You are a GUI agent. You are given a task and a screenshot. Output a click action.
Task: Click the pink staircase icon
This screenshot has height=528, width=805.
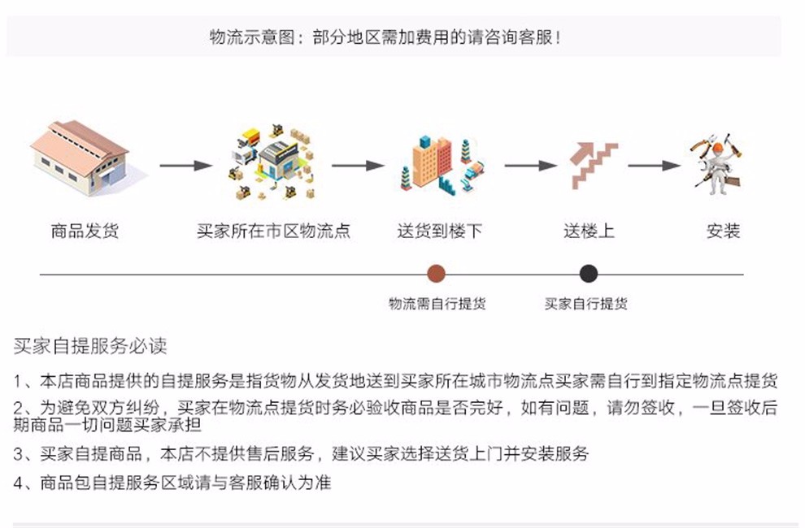tap(594, 165)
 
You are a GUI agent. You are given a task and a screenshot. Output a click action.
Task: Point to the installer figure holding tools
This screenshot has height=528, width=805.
tap(716, 164)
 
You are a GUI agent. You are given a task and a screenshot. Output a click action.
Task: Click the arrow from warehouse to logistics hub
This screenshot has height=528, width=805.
tap(186, 165)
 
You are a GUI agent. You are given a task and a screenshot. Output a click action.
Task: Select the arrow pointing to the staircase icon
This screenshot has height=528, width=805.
tap(531, 165)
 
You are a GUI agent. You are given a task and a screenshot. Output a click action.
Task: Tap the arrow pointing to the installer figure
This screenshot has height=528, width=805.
tap(655, 165)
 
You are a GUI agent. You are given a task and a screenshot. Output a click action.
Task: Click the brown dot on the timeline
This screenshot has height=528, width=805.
tap(437, 274)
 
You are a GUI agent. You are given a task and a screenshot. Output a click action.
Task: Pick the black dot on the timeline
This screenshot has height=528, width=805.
tap(589, 274)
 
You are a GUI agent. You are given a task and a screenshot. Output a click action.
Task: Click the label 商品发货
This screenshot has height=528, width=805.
tap(85, 231)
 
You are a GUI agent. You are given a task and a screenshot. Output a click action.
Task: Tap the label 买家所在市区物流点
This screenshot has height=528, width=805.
tap(274, 231)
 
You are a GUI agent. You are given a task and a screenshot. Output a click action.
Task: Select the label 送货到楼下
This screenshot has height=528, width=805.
tap(439, 231)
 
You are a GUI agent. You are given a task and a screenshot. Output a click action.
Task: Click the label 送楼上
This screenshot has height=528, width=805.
tap(589, 231)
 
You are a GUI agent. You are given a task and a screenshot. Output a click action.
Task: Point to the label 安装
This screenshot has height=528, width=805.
tap(724, 231)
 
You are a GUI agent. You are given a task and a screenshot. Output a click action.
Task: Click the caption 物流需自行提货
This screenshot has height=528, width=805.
tap(437, 304)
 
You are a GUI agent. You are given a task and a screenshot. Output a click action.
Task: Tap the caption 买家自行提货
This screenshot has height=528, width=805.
tap(585, 304)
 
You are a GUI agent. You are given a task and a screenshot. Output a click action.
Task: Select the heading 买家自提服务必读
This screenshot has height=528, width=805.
tap(90, 346)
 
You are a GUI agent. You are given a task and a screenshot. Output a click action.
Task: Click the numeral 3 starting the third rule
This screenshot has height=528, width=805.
tap(18, 454)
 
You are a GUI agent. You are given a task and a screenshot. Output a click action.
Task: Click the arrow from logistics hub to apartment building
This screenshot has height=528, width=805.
tap(359, 165)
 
